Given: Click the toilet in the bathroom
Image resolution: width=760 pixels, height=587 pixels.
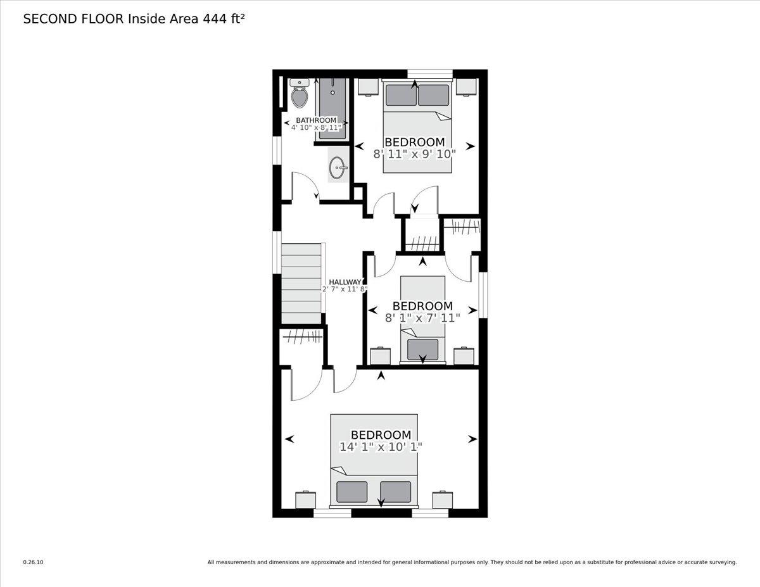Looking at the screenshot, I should [x=299, y=95].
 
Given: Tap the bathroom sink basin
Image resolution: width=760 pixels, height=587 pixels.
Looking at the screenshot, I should [x=338, y=168].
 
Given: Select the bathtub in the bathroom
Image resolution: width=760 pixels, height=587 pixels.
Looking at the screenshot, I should [x=331, y=108].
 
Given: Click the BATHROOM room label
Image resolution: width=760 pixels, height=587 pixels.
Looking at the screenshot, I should [x=316, y=120].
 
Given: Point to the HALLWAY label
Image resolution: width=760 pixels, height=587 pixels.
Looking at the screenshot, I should [x=345, y=282].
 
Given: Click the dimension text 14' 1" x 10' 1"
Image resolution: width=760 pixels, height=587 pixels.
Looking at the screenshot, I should [x=381, y=446].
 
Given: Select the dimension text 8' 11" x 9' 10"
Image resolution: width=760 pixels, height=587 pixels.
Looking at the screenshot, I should [x=414, y=153].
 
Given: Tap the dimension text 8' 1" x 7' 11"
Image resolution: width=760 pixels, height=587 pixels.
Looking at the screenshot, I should [x=422, y=318].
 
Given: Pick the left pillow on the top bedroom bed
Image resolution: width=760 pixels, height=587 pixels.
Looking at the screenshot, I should [x=401, y=95].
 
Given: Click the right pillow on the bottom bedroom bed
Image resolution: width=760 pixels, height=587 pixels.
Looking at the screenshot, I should [x=396, y=491].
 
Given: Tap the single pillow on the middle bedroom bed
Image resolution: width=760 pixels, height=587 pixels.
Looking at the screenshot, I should [x=422, y=349].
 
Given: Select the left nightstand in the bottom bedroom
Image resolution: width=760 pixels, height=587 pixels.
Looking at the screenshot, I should [x=305, y=500].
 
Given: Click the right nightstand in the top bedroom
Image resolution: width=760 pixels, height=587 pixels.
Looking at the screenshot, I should [x=467, y=87].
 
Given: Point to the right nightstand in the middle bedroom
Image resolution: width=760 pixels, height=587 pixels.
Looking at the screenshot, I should [x=464, y=356].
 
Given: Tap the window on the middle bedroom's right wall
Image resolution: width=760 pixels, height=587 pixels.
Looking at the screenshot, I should [x=483, y=294].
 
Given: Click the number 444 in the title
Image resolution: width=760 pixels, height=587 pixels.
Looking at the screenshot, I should [x=213, y=19].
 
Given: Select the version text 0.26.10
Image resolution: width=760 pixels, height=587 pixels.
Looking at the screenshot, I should [x=34, y=562].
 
